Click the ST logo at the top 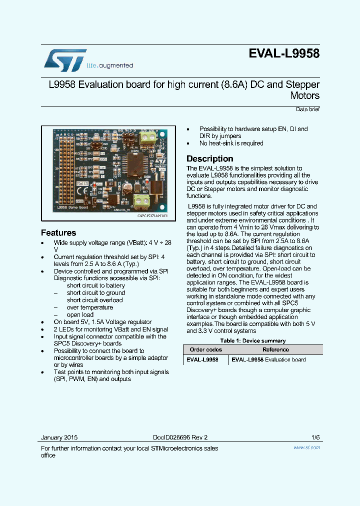pos(65,59)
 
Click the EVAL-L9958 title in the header pos(283,54)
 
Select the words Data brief pos(307,109)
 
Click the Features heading pos(58,233)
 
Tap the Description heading pos(209,158)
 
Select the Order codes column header pos(205,350)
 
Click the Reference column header pos(275,350)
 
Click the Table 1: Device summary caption pos(253,341)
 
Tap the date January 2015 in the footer pos(59,437)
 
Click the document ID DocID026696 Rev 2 pos(180,437)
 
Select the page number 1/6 pos(315,437)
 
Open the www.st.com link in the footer pos(306,447)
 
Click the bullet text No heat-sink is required pos(231,143)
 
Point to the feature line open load pos(80,315)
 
